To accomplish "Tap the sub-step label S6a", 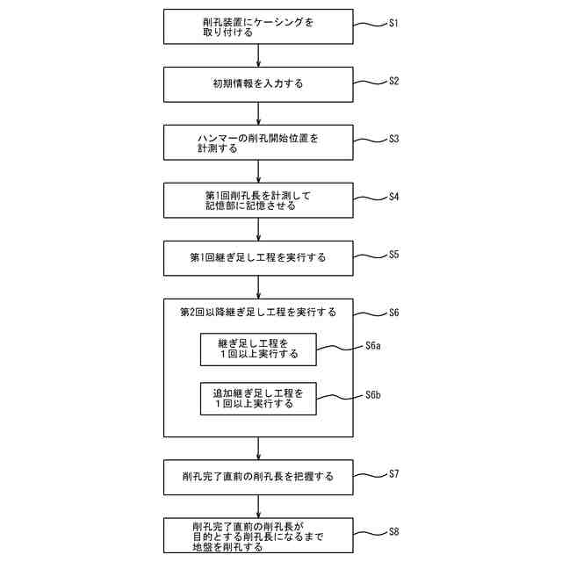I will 372,346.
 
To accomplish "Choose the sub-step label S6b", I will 372,395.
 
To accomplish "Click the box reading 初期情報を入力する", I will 258,85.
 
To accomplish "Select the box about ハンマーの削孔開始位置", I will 258,143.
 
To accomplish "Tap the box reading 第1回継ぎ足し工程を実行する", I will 258,258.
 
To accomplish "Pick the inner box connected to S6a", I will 258,349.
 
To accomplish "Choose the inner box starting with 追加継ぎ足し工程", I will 258,399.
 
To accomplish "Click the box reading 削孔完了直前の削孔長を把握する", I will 258,477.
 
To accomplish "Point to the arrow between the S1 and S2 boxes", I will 258,55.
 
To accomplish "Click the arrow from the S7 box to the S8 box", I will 258,506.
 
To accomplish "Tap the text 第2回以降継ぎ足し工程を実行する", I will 258,313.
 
